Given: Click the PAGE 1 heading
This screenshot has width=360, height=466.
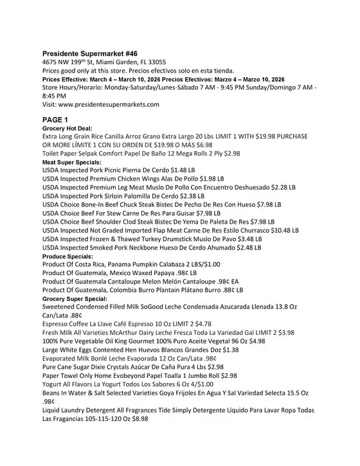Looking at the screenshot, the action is point(59,120).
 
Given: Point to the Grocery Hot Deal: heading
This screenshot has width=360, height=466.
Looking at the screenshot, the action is point(67,129).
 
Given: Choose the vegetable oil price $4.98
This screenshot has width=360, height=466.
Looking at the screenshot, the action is point(253,341).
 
